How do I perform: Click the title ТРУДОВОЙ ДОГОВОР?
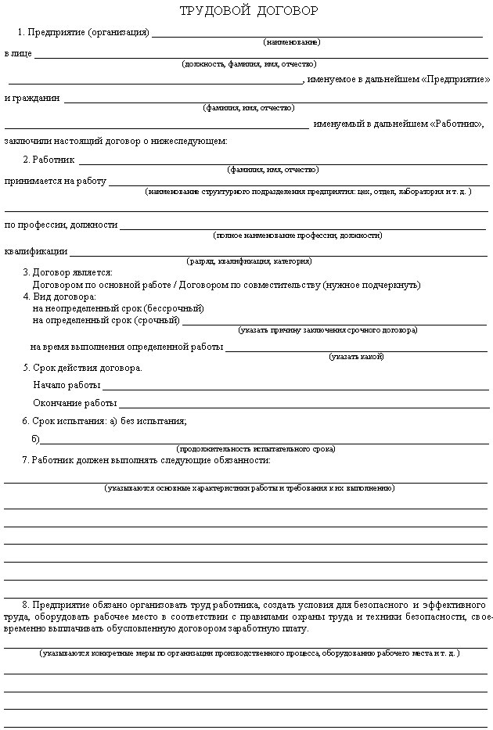[249, 11]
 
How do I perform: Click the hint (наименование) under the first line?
[291, 41]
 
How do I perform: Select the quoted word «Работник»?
[455, 124]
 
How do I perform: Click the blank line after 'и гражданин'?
[274, 100]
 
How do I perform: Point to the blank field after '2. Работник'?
[282, 162]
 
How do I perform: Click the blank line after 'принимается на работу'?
[297, 184]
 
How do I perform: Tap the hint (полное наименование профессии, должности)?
[297, 235]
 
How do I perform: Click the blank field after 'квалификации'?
[278, 254]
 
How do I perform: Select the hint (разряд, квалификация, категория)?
[249, 261]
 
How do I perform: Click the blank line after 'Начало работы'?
[296, 387]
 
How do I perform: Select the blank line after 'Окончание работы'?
[304, 405]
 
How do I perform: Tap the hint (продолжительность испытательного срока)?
[256, 449]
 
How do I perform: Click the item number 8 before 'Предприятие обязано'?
[26, 605]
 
